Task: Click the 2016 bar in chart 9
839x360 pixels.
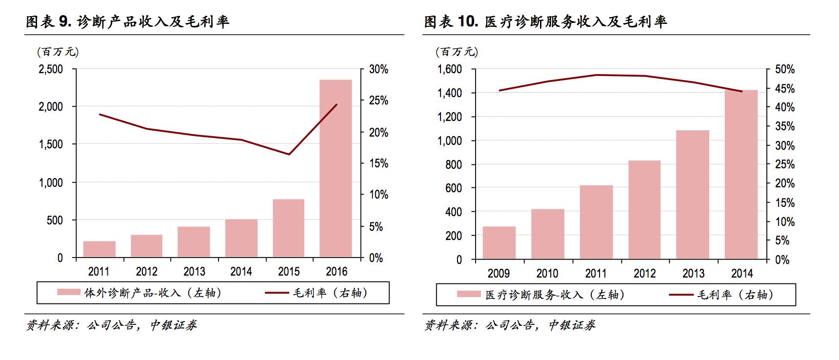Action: [x=336, y=168]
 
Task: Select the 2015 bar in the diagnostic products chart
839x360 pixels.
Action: [x=288, y=228]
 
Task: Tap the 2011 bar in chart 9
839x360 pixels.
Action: [x=99, y=249]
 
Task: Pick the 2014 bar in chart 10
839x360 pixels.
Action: [x=741, y=174]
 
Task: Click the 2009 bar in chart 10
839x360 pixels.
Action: [x=499, y=242]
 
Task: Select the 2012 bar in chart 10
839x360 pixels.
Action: [x=644, y=210]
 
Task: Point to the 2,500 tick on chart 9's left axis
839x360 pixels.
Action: [x=51, y=69]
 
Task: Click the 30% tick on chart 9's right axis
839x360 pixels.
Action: [x=379, y=69]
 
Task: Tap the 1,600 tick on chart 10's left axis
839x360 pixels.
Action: [x=449, y=69]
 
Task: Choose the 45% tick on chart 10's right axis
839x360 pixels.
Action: [x=785, y=89]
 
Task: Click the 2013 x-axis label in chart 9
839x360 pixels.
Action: [x=194, y=272]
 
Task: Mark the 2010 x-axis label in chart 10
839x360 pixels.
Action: [x=547, y=274]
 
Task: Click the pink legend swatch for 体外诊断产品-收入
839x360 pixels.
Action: [x=68, y=293]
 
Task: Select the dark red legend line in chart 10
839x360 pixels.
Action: [x=680, y=295]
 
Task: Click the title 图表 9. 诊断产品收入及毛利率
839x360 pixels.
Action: [x=127, y=21]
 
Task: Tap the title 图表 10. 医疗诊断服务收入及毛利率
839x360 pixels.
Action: [x=545, y=21]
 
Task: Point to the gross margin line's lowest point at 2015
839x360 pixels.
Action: [x=289, y=155]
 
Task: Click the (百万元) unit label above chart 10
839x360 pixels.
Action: [x=456, y=51]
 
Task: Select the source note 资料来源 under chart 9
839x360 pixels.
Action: [x=111, y=325]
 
